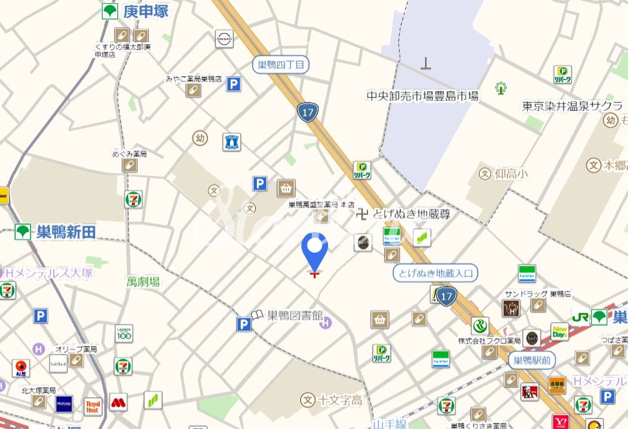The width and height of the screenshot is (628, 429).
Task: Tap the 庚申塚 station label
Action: [146, 11]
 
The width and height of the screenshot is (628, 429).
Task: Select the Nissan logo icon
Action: [224, 39]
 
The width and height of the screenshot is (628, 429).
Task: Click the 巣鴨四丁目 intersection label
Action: [281, 64]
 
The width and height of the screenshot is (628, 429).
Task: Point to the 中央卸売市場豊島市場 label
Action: [422, 96]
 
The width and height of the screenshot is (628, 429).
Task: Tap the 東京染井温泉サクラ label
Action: [572, 106]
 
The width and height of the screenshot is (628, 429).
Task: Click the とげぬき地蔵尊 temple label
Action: [411, 214]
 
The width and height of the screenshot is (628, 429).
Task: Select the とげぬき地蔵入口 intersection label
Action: [436, 273]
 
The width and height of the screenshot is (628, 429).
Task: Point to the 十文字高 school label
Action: [340, 400]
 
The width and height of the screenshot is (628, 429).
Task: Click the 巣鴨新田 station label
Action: [66, 232]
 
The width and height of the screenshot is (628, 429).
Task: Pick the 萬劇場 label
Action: [143, 281]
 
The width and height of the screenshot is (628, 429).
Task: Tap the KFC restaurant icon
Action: [529, 392]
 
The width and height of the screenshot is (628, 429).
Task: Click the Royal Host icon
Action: [92, 407]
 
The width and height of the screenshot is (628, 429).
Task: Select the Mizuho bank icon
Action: [64, 404]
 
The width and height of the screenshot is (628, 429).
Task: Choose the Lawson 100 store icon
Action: [124, 333]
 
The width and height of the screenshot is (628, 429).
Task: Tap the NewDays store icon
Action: [559, 331]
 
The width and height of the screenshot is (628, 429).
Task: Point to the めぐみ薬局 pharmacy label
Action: [129, 154]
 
